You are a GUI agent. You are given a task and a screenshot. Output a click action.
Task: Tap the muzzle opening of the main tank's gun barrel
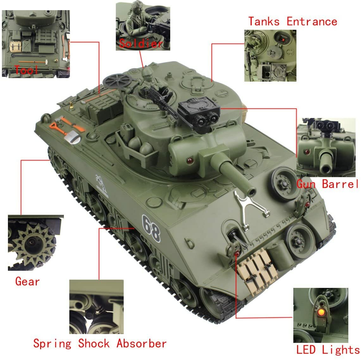pos(252,191)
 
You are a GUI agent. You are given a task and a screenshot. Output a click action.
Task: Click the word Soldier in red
pos(141,43)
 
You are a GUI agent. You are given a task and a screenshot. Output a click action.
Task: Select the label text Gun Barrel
pos(327,184)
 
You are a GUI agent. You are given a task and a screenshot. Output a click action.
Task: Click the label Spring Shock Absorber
pos(100,344)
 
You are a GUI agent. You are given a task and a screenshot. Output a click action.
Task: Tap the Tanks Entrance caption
pos(293,22)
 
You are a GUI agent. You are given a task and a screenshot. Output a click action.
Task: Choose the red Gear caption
pos(28,281)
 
